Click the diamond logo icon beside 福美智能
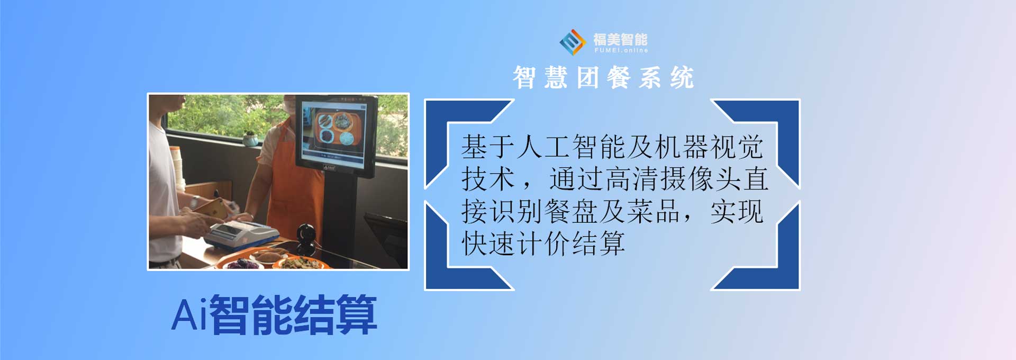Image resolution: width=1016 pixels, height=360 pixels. click(573, 42)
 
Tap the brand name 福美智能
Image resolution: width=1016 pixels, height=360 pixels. click(620, 39)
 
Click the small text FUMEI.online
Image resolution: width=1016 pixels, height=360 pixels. click(621, 50)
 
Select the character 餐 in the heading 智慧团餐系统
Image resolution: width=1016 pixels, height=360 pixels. click(619, 78)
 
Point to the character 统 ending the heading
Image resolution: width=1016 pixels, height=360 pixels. click(682, 78)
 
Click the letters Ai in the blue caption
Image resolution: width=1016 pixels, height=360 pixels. click(189, 315)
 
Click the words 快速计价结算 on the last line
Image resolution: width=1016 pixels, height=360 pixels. click(543, 244)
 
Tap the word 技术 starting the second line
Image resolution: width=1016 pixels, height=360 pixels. click(488, 179)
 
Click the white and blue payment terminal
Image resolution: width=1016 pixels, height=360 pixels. click(241, 234)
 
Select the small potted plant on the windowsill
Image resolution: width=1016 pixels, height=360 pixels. click(250, 138)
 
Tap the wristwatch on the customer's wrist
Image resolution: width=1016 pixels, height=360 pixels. click(196, 202)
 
